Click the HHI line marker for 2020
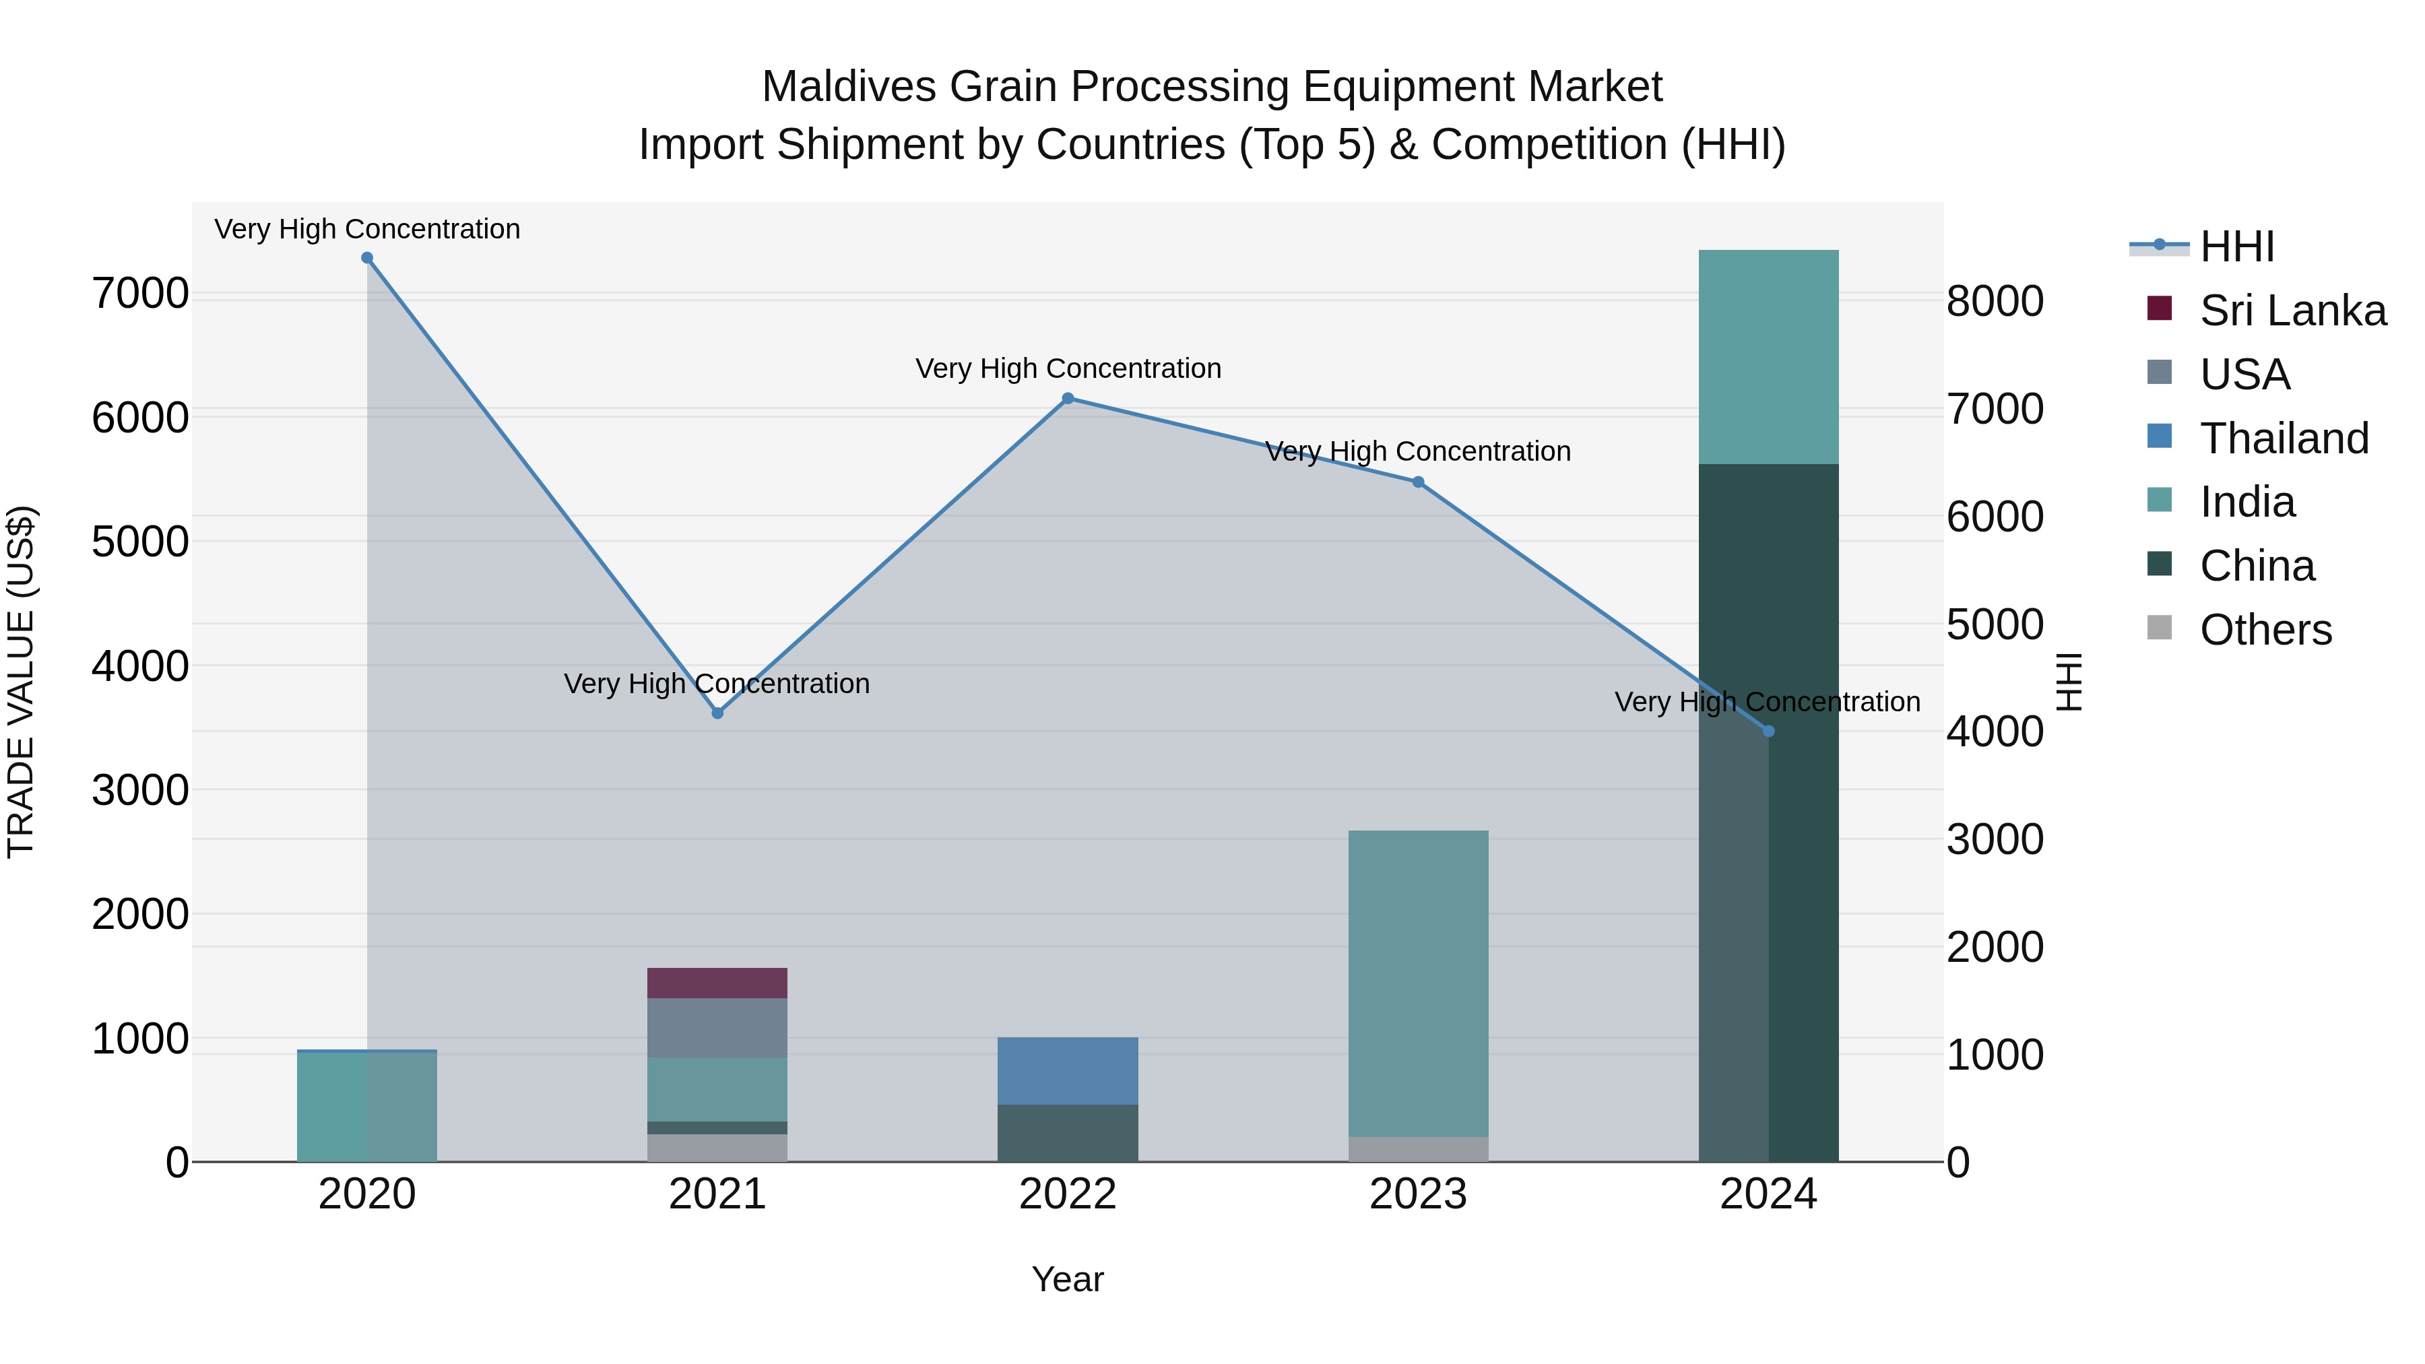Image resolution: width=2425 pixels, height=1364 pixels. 367,258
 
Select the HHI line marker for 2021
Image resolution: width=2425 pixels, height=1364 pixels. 717,713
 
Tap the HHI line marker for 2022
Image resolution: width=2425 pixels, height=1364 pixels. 1068,398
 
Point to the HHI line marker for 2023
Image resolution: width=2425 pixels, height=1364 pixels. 1418,482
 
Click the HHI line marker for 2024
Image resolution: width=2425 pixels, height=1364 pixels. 1768,732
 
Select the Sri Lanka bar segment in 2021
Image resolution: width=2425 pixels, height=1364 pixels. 717,983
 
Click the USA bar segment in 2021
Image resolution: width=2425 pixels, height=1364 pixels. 717,1027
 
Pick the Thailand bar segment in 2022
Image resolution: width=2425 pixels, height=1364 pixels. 1068,1070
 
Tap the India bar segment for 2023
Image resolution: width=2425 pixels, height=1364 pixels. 1418,983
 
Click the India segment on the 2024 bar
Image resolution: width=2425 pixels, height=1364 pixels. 1768,357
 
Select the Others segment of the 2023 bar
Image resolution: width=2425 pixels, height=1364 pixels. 1418,1148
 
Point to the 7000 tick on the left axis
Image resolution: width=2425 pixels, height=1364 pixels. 139,294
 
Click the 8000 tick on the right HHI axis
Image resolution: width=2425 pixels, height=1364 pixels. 1995,302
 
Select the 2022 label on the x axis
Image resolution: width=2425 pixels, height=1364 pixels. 1068,1194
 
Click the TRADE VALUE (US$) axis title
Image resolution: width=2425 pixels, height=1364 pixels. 21,682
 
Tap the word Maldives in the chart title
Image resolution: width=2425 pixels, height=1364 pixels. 848,87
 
